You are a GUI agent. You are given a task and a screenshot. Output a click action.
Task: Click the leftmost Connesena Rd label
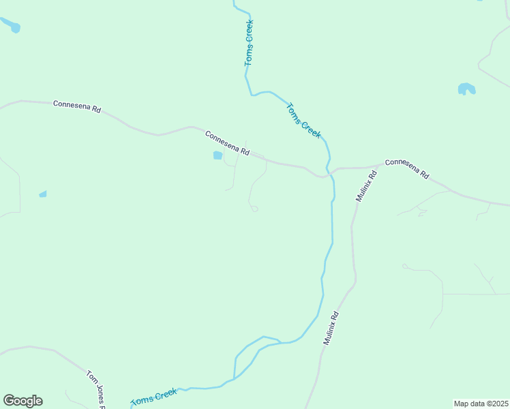(77, 107)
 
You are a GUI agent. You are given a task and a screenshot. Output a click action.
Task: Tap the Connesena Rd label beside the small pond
(227, 142)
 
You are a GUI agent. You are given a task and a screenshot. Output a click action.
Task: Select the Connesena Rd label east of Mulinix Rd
(406, 168)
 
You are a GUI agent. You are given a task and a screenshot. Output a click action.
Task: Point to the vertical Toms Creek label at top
(249, 43)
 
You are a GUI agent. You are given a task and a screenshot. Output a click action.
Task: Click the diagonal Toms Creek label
(303, 121)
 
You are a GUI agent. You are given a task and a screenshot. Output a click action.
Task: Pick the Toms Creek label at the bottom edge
(154, 397)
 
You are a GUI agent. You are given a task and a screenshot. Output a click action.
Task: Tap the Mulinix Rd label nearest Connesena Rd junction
(366, 185)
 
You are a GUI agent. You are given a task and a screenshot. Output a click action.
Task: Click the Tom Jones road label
(95, 389)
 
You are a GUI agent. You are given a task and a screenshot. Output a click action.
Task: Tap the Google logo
(22, 401)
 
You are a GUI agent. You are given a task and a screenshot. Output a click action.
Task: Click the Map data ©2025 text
(481, 404)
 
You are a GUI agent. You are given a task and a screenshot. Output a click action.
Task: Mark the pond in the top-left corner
(12, 26)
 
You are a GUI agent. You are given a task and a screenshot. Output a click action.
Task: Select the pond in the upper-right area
(466, 89)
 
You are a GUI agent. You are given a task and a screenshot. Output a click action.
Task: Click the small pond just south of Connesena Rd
(217, 155)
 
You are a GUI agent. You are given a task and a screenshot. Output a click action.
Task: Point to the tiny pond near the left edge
(43, 194)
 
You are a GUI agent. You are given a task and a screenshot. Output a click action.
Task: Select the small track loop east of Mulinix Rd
(405, 266)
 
